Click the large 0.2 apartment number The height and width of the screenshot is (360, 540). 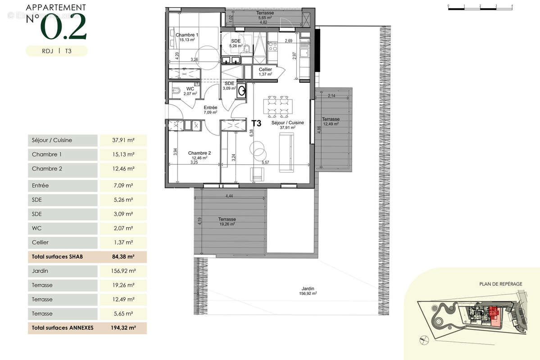(x=64, y=28)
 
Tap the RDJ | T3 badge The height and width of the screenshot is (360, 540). (x=57, y=51)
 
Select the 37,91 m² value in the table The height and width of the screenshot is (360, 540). (x=123, y=140)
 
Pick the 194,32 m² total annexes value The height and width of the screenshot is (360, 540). (x=123, y=328)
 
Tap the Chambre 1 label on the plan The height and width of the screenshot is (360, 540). (x=187, y=35)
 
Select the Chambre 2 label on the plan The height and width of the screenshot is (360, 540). (x=199, y=153)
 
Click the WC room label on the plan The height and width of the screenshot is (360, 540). (x=190, y=89)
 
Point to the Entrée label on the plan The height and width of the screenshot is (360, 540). (x=210, y=108)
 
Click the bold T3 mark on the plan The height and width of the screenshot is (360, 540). (x=256, y=122)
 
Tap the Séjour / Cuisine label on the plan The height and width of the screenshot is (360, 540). (x=287, y=123)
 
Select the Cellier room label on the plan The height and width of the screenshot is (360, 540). (x=265, y=70)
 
